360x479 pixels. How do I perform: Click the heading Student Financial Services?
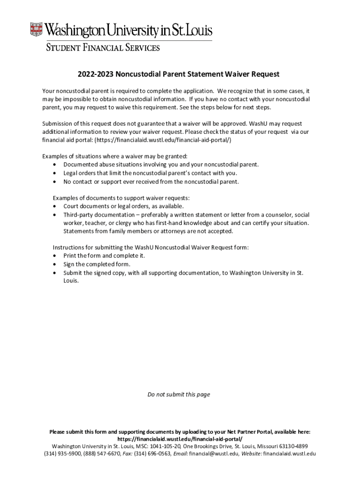pyautogui.click(x=102, y=48)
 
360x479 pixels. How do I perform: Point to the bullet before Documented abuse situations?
pyautogui.click(x=56, y=165)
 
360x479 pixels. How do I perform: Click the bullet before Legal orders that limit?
pyautogui.click(x=56, y=173)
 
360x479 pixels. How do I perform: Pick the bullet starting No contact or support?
pyautogui.click(x=56, y=181)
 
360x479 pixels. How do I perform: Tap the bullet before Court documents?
pyautogui.click(x=56, y=206)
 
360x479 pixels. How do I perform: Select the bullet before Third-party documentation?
pyautogui.click(x=56, y=215)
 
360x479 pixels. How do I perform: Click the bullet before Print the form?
pyautogui.click(x=56, y=256)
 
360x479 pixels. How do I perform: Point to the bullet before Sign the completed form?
pyautogui.click(x=56, y=264)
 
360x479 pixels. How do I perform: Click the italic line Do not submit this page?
pyautogui.click(x=179, y=394)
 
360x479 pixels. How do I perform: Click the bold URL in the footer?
pyautogui.click(x=180, y=439)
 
